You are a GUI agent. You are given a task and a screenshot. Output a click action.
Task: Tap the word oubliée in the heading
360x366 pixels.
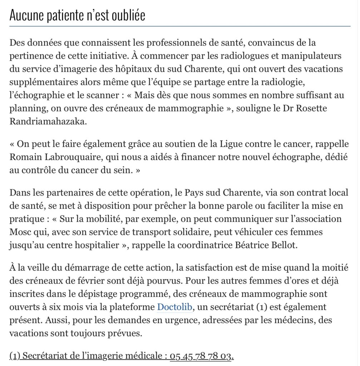pos(128,16)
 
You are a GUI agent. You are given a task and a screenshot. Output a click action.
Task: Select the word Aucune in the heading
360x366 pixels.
pos(25,16)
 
